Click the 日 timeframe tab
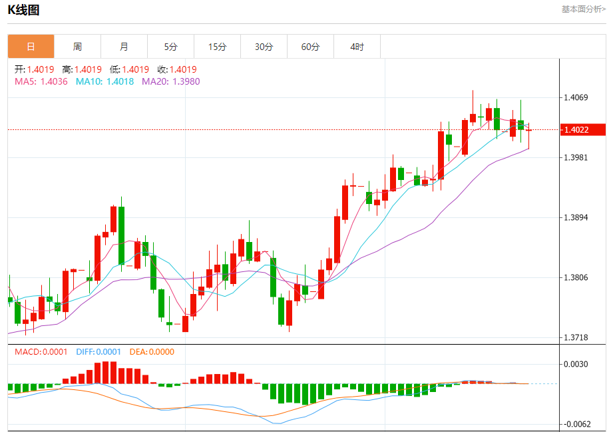click(31, 47)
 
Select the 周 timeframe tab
click(77, 47)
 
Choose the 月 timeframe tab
click(124, 47)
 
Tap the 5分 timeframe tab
click(171, 47)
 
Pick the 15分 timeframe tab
click(217, 47)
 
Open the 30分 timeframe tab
click(264, 47)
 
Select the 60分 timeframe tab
click(310, 47)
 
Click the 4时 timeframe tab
click(357, 47)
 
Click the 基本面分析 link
click(583, 9)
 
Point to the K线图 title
click(23, 9)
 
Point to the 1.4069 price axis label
click(576, 97)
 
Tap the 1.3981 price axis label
click(576, 157)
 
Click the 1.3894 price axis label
click(576, 217)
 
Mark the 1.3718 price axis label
click(576, 337)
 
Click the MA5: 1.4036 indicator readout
click(41, 81)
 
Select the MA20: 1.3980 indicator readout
click(170, 81)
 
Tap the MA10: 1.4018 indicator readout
click(104, 81)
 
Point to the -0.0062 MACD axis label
click(576, 424)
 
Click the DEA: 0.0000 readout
click(152, 351)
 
